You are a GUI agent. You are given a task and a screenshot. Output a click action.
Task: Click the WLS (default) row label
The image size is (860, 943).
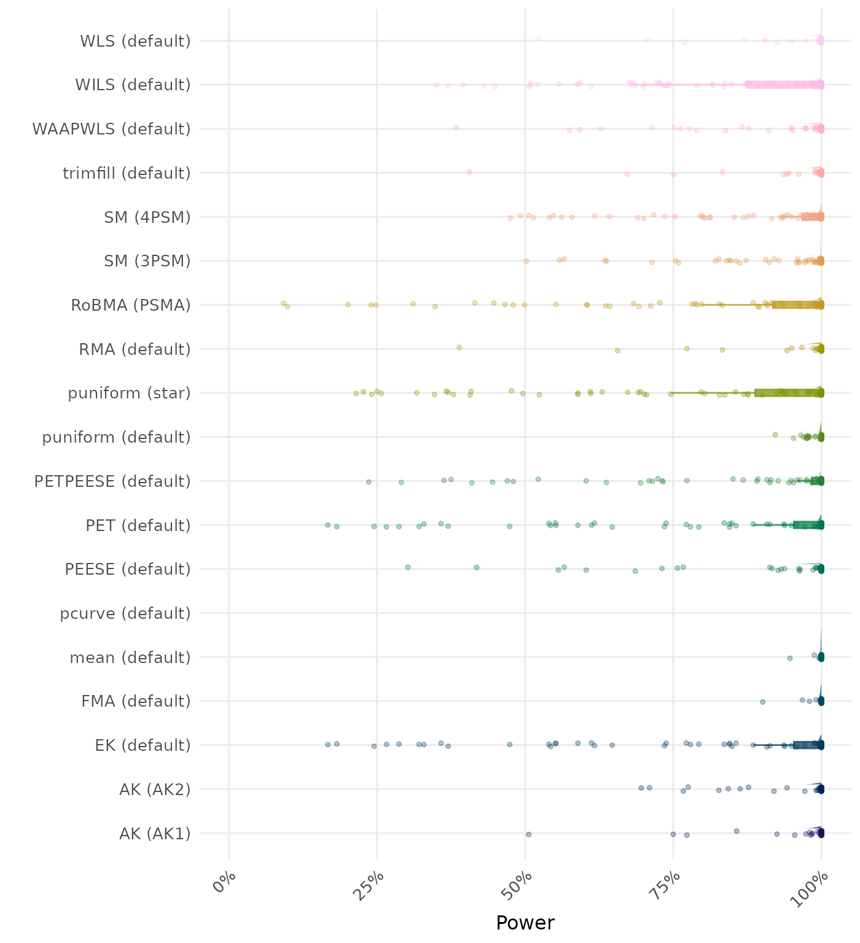[135, 41]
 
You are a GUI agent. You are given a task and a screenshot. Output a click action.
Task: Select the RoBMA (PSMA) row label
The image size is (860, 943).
[131, 305]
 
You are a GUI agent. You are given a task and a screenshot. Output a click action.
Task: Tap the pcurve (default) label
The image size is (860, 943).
[125, 613]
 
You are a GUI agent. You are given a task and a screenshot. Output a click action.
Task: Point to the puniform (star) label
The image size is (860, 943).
[129, 393]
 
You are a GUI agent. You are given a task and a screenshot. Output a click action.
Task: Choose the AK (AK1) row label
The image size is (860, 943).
[155, 834]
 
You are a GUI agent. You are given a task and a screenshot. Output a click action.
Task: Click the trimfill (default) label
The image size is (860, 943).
[127, 173]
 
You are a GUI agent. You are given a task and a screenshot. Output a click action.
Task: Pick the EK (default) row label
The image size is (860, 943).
[143, 745]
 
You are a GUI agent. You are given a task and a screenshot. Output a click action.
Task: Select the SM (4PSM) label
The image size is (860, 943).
[147, 217]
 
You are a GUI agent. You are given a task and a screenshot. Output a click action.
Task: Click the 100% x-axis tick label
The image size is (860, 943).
[814, 887]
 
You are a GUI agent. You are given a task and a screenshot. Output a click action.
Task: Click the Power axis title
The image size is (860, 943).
[525, 922]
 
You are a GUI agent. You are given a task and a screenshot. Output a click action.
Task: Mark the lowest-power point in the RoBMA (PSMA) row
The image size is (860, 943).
[283, 303]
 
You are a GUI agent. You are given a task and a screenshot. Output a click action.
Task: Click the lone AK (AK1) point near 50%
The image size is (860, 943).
[528, 834]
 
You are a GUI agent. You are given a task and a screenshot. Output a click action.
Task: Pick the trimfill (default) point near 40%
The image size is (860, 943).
[469, 172]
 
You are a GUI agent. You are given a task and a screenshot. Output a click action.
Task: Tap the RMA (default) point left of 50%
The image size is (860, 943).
[459, 347]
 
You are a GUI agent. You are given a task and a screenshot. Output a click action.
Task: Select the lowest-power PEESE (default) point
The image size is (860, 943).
[408, 567]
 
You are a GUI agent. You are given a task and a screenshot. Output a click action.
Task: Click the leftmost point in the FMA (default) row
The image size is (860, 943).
[762, 702]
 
